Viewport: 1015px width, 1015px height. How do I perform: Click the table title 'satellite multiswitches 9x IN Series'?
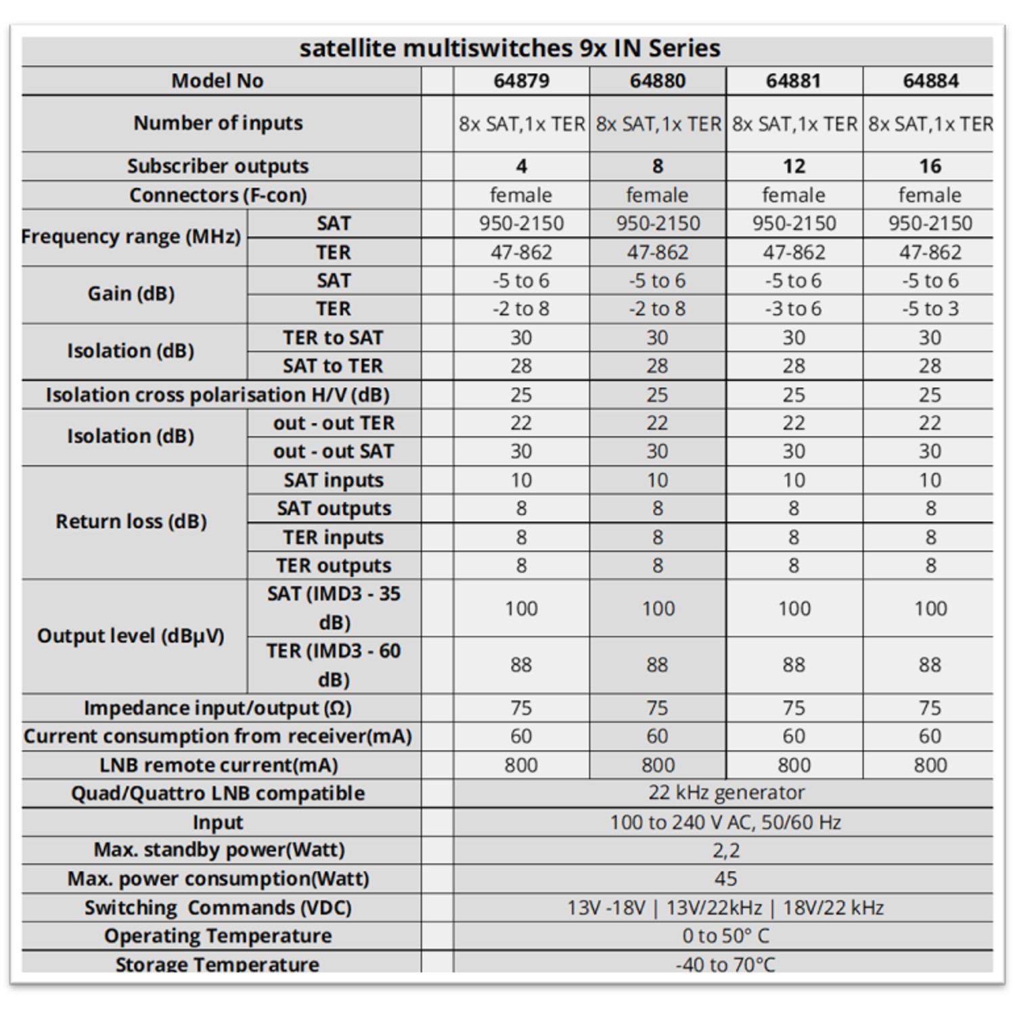click(x=510, y=48)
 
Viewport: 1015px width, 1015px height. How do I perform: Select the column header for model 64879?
click(x=521, y=81)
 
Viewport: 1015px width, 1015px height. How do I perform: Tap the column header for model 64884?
click(x=930, y=81)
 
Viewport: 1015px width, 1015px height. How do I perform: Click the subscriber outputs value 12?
click(x=794, y=166)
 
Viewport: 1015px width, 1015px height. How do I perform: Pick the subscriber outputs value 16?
click(x=930, y=166)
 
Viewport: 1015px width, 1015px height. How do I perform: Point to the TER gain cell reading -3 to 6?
click(x=793, y=309)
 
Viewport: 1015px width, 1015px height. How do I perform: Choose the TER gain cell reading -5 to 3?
click(x=930, y=309)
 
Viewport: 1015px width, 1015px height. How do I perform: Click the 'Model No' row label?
click(x=217, y=81)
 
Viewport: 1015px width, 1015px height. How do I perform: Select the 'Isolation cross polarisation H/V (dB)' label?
click(x=217, y=394)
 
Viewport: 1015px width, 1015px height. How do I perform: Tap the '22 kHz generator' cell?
click(x=726, y=792)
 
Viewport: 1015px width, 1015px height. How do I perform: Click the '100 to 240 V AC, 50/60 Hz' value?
click(x=725, y=822)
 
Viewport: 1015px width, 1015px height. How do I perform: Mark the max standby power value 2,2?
click(x=725, y=850)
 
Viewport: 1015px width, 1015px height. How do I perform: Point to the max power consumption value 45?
click(x=725, y=878)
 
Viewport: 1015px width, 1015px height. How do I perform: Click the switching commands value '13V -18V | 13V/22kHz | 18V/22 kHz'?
click(x=725, y=907)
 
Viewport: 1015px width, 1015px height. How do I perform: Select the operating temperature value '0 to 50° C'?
click(x=725, y=936)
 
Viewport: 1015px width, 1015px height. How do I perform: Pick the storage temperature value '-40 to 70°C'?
click(x=725, y=964)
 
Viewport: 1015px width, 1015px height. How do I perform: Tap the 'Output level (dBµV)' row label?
click(x=131, y=636)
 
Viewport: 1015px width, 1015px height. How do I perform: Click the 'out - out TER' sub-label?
click(x=334, y=423)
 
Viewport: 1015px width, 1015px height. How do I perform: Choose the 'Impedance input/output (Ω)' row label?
click(x=217, y=708)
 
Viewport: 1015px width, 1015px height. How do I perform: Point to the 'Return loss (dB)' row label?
click(x=131, y=522)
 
